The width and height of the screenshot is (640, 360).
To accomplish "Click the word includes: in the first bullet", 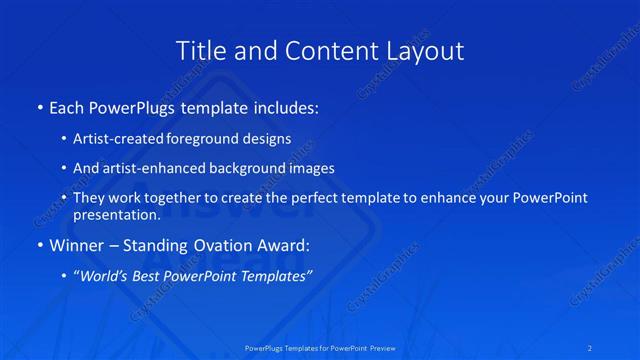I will pyautogui.click(x=285, y=105).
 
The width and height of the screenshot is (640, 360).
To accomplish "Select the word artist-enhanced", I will pyautogui.click(x=148, y=168).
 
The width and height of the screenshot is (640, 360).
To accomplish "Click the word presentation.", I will pyautogui.click(x=116, y=214).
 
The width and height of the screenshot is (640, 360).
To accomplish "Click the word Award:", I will pyautogui.click(x=285, y=244).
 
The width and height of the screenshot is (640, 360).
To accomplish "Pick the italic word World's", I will pyautogui.click(x=105, y=275).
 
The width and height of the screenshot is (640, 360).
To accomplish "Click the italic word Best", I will pyautogui.click(x=153, y=275).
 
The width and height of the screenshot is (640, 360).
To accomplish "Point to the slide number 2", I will pyautogui.click(x=591, y=348).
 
